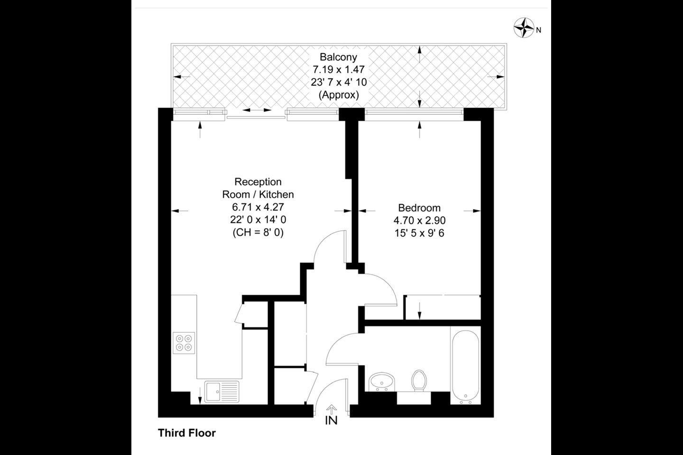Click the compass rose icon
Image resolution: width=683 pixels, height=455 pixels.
coord(524,28)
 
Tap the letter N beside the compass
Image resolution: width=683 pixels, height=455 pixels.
coord(538,30)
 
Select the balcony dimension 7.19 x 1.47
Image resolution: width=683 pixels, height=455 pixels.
coord(339,70)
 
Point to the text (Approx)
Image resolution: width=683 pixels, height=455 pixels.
coord(339,95)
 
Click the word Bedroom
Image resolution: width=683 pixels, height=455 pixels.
coord(419,208)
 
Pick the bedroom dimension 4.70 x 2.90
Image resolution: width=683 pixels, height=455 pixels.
coord(419,220)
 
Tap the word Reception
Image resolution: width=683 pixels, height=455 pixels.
coord(258,182)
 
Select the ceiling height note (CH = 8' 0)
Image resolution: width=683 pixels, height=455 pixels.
coord(258,233)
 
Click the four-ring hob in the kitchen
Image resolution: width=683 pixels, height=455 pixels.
coord(184,343)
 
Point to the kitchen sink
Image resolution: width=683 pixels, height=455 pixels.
coord(222,391)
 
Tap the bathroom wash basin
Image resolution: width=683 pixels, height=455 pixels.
coord(382,382)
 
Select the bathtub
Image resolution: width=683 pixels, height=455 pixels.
coord(465,367)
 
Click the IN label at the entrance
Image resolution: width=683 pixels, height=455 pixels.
coord(332,420)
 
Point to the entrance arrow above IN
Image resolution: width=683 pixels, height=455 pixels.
coord(332,409)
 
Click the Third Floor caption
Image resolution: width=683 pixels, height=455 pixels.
coord(187,433)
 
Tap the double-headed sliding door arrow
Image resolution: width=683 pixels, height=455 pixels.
coord(257,110)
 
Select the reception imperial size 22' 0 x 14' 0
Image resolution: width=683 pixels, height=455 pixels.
coord(258,220)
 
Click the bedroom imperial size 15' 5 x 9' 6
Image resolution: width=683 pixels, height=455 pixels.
coord(419,234)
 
